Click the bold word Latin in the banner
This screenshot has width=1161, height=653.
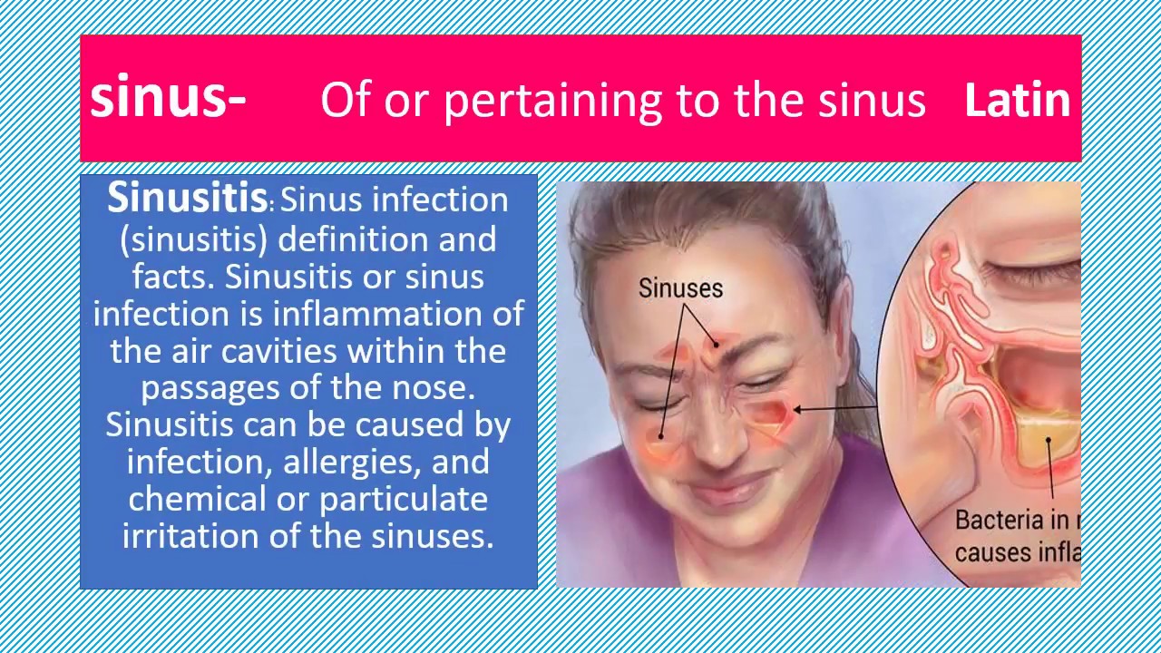click(1017, 100)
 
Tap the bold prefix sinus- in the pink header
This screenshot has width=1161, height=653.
click(168, 98)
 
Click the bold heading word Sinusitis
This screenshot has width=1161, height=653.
click(187, 198)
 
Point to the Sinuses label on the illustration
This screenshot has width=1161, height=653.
click(680, 288)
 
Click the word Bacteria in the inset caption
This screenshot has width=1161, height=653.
click(999, 521)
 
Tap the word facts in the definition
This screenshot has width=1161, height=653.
click(173, 277)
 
